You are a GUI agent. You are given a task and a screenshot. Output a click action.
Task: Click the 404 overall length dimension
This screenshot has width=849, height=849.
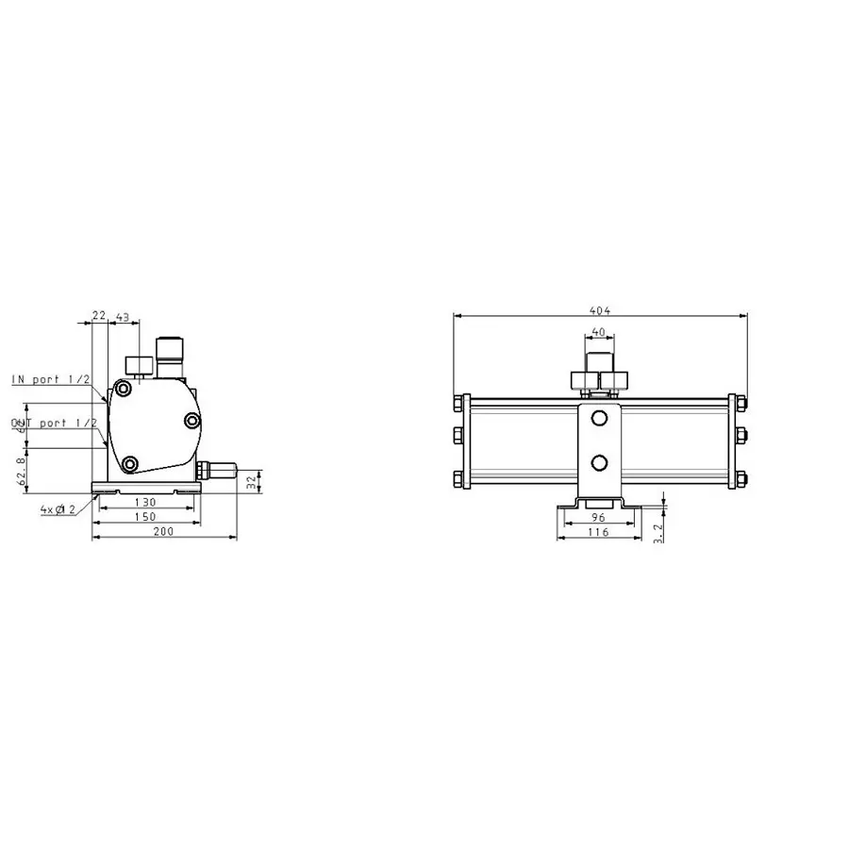click(599, 309)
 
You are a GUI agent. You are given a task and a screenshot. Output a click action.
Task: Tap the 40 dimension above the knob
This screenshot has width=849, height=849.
click(597, 332)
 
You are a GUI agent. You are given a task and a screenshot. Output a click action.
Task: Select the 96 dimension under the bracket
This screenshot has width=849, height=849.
click(597, 518)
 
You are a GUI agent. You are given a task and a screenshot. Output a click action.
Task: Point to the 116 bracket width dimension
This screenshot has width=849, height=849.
click(597, 533)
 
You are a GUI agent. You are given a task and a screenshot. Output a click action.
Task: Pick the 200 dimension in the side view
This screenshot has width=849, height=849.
click(163, 533)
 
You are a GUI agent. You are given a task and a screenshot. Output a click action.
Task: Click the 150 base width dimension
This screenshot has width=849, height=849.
click(144, 518)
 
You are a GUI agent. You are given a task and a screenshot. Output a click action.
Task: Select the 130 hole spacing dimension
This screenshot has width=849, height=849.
click(144, 503)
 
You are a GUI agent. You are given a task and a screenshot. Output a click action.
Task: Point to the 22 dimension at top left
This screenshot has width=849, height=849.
click(99, 316)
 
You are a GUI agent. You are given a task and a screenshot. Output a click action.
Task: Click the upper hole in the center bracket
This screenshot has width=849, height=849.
click(598, 418)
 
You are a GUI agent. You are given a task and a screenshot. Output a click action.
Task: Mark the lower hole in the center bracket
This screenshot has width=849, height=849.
click(598, 461)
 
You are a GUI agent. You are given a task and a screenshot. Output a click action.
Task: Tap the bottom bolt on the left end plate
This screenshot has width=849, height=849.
click(458, 477)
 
